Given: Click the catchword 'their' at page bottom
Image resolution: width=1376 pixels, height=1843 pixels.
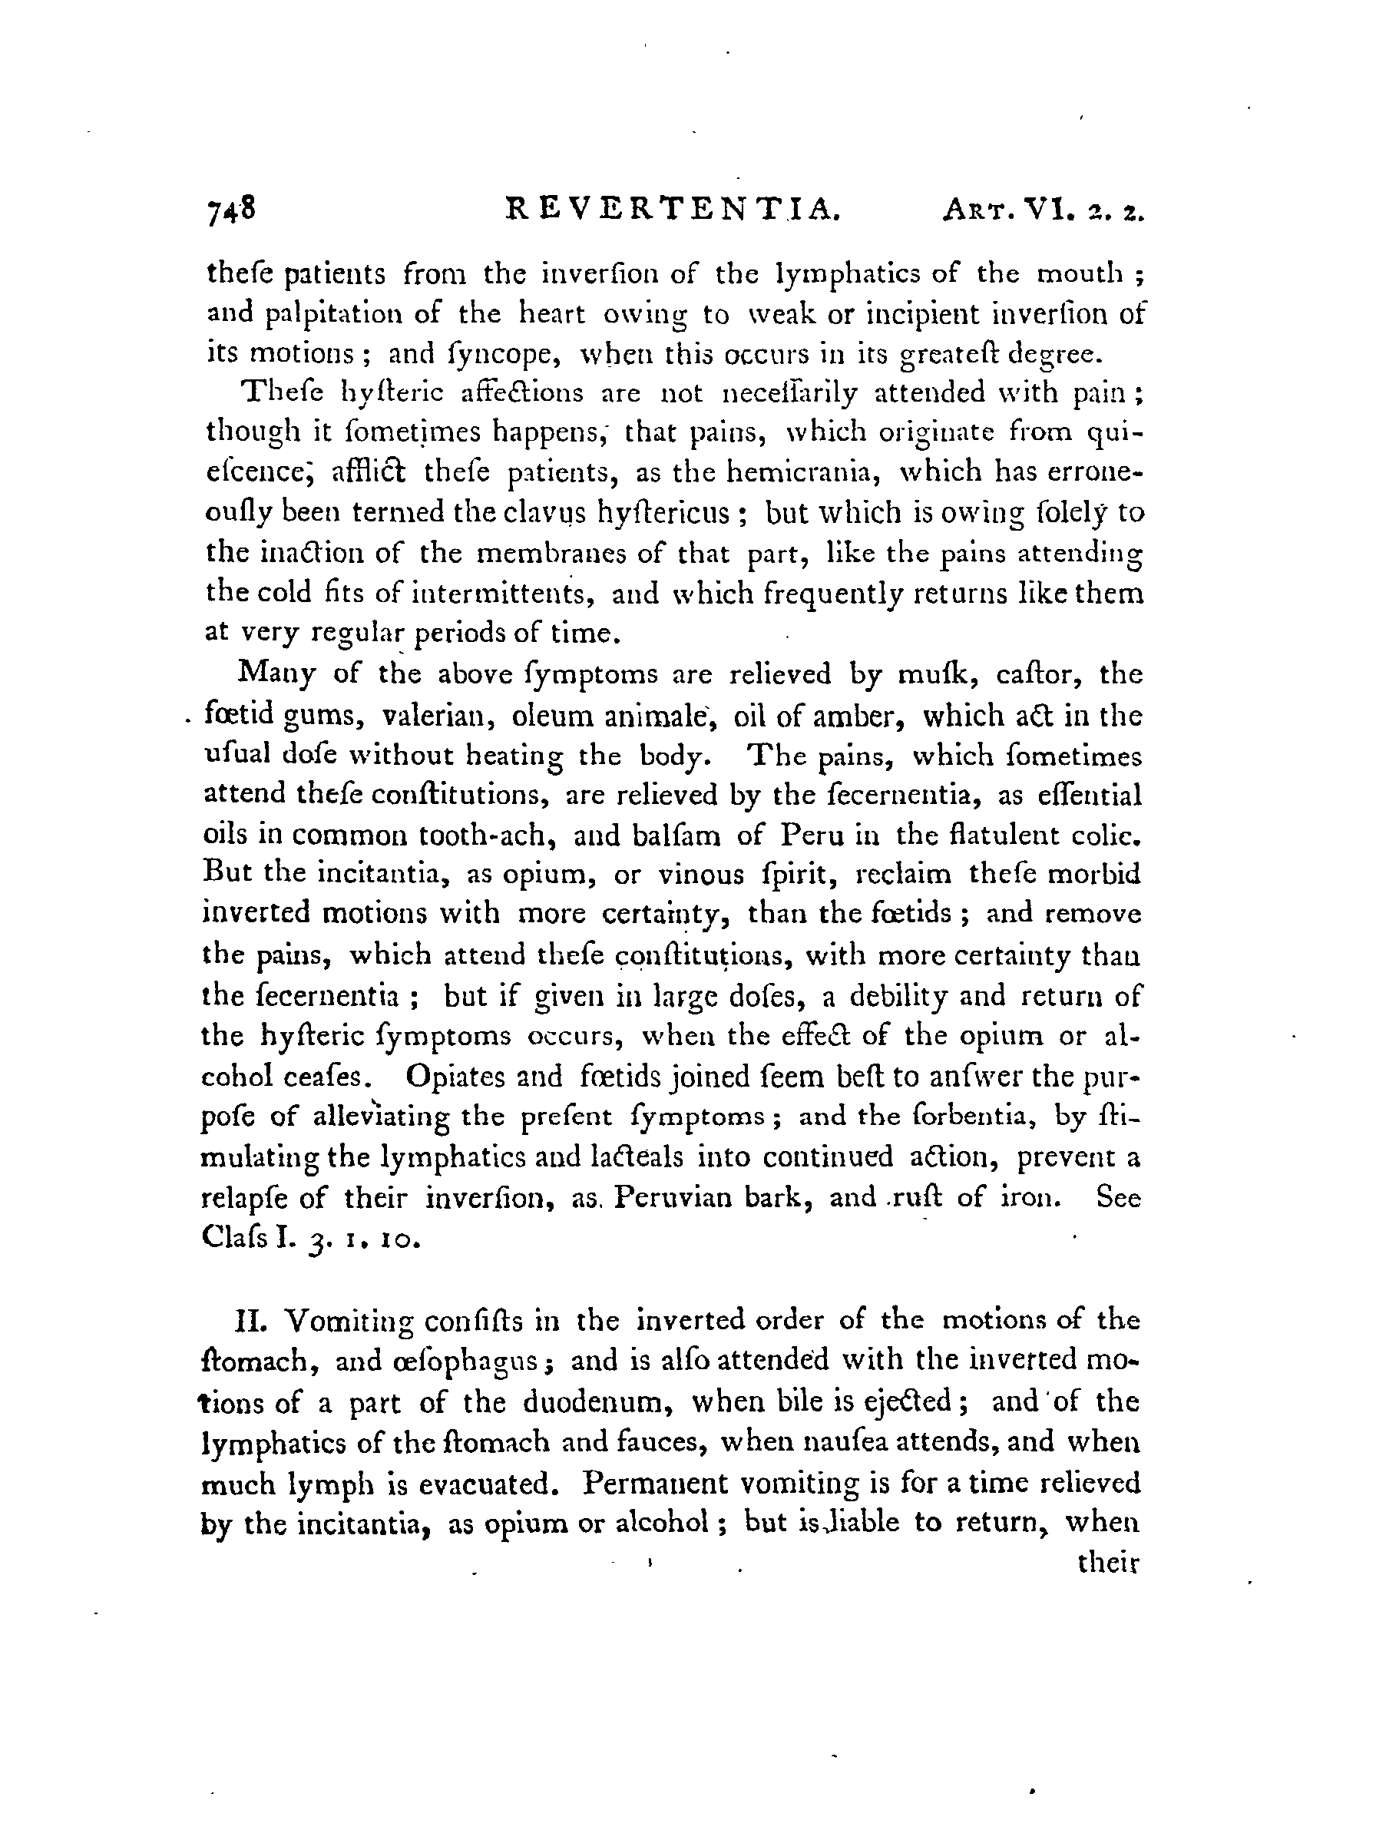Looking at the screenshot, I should coord(1107,1563).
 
